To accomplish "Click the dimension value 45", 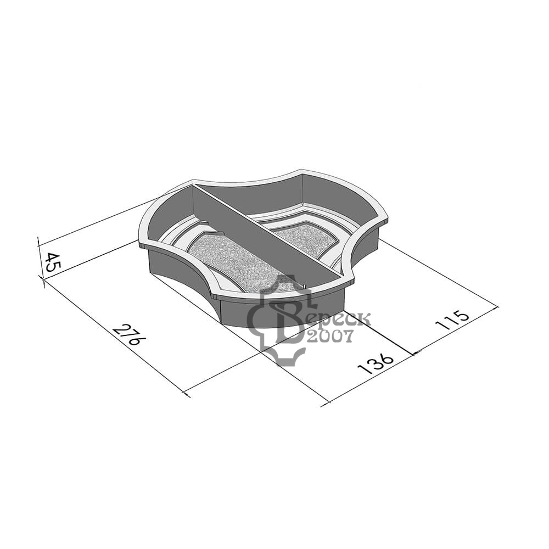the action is click(x=53, y=262).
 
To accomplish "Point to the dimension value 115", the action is click(x=452, y=320).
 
